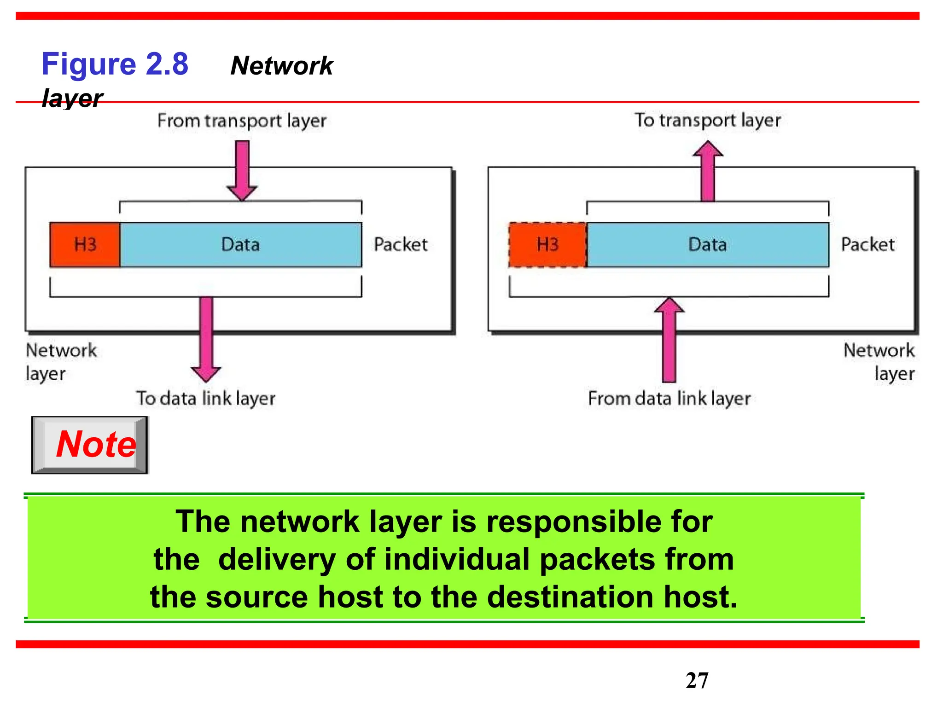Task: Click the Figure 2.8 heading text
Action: pyautogui.click(x=115, y=64)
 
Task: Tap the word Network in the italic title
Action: pyautogui.click(x=281, y=66)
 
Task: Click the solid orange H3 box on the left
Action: pyautogui.click(x=85, y=244)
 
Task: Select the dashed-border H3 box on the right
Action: pyautogui.click(x=547, y=244)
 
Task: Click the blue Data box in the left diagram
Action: pyautogui.click(x=240, y=244)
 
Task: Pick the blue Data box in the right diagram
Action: pyautogui.click(x=708, y=244)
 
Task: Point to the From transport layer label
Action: pyautogui.click(x=242, y=121)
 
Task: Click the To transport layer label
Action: pyautogui.click(x=708, y=120)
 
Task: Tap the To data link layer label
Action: pyautogui.click(x=205, y=398)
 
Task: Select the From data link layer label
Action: pyautogui.click(x=669, y=398)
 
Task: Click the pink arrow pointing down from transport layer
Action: pyautogui.click(x=242, y=170)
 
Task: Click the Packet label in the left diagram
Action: pyautogui.click(x=401, y=244)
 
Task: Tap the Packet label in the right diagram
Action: pyautogui.click(x=868, y=244)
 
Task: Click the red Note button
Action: pyautogui.click(x=90, y=445)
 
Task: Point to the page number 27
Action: pyautogui.click(x=697, y=680)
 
